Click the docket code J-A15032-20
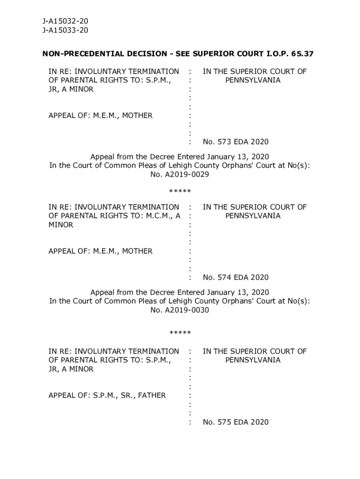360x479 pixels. [x=65, y=22]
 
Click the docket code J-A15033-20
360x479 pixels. [x=65, y=30]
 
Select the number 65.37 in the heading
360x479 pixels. [x=302, y=54]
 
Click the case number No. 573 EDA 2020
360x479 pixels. [x=236, y=142]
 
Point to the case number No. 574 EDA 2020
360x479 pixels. [x=236, y=277]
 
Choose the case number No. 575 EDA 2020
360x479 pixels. [x=236, y=422]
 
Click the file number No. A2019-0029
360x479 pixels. [x=180, y=174]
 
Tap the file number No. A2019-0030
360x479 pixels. [x=180, y=310]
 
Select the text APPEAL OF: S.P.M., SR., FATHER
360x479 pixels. [x=107, y=396]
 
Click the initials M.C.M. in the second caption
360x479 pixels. [x=157, y=216]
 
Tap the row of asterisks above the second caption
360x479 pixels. [x=180, y=191]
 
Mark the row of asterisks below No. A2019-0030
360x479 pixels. [x=180, y=333]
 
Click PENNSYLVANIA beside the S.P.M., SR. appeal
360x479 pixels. [x=253, y=360]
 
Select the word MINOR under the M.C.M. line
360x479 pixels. [x=61, y=225]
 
